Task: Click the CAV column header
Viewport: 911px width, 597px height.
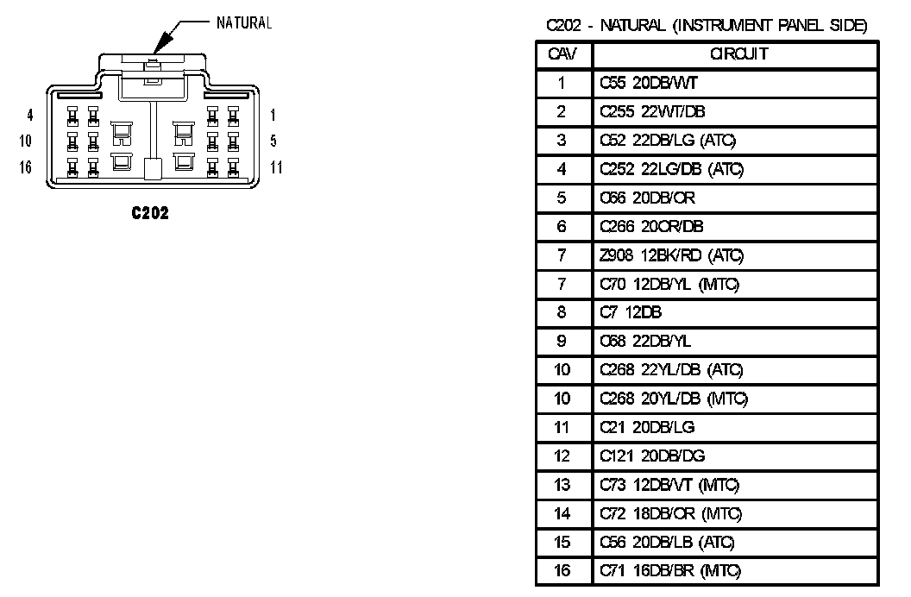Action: (562, 54)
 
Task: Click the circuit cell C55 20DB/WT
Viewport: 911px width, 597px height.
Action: (643, 83)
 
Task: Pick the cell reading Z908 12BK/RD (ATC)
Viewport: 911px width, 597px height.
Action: (671, 255)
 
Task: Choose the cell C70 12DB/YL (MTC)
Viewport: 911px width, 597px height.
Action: (670, 284)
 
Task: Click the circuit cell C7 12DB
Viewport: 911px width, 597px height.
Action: (631, 312)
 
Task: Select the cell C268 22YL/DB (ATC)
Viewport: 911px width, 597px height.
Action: (671, 370)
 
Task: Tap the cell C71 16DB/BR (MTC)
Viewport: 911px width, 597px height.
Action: (670, 570)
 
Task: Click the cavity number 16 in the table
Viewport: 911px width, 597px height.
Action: (562, 570)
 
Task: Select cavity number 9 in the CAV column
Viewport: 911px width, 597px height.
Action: (562, 341)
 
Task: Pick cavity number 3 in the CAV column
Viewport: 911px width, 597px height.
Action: (562, 140)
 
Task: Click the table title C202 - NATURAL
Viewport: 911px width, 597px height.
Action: (707, 26)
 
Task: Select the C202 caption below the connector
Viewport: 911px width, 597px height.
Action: (150, 213)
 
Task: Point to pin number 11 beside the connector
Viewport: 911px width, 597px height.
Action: (275, 167)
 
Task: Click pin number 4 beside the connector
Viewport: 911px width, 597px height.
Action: (29, 114)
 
